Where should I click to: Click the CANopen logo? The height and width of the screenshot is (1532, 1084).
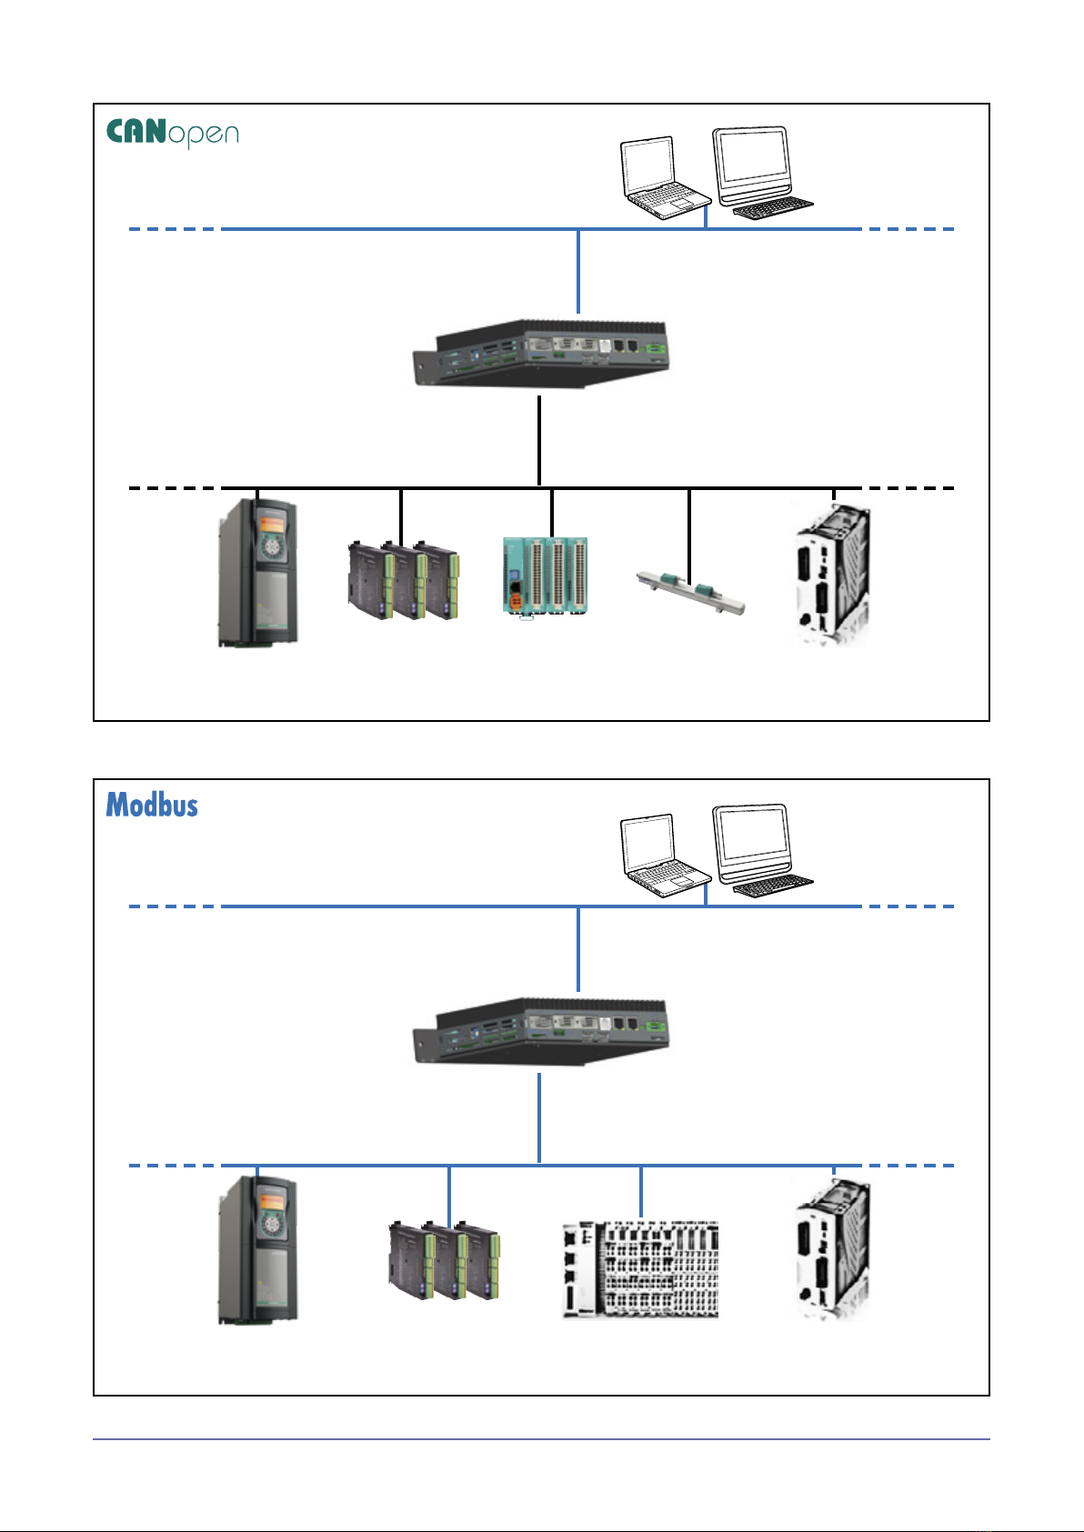[173, 133]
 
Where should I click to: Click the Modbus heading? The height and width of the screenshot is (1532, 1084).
[152, 805]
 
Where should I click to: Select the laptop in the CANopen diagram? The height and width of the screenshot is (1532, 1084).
[662, 178]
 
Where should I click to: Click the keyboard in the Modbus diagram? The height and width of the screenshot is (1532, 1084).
[772, 886]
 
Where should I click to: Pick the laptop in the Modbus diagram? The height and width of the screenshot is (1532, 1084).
[662, 856]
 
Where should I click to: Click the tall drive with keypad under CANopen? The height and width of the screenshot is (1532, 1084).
[257, 573]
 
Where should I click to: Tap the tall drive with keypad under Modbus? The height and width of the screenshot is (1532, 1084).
[257, 1250]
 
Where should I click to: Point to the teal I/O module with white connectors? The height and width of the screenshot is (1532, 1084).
[545, 576]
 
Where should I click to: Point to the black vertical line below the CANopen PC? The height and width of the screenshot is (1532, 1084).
[539, 441]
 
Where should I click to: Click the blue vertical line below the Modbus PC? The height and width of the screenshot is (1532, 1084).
[539, 1118]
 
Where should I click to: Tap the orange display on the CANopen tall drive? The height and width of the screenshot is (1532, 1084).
[270, 525]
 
